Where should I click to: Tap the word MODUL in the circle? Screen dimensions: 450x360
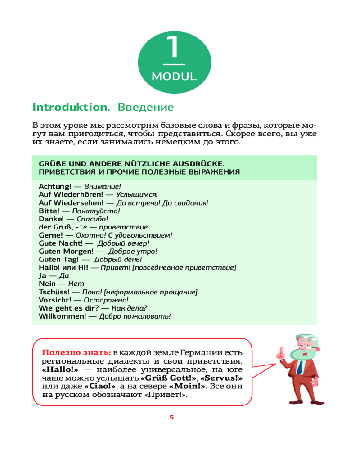pos(174,76)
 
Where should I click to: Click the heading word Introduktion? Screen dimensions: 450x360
pos(71,108)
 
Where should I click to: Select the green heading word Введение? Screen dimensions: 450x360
pos(145,108)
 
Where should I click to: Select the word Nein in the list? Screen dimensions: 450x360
pos(47,283)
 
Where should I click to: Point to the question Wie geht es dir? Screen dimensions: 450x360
pos(69,308)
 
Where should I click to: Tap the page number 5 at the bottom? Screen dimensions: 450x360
pos(171,417)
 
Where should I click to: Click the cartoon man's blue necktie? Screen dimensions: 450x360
pos(299,367)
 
